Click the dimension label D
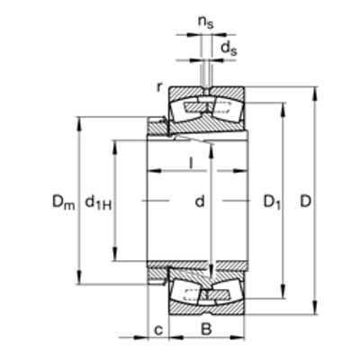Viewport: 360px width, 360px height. tap(306, 202)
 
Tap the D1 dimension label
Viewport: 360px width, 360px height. tap(273, 202)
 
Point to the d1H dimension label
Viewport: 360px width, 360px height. tap(98, 202)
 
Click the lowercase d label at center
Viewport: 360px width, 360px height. tap(200, 202)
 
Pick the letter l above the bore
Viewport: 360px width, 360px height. tap(191, 163)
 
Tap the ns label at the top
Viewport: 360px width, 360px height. tap(205, 22)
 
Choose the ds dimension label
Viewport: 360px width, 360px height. tap(229, 49)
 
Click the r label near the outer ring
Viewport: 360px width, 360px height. tap(159, 87)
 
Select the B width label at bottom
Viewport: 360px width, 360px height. tap(206, 329)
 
